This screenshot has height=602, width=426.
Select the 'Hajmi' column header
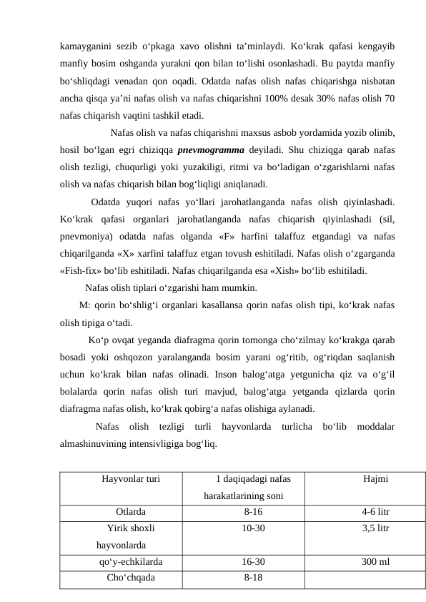(375, 478)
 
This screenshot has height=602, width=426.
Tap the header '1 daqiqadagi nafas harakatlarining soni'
(244, 486)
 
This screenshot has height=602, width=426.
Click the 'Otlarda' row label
(131, 512)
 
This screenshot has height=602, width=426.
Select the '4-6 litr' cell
(375, 512)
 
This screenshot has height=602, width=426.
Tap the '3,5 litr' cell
(375, 528)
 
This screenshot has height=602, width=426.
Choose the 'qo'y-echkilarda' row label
(131, 562)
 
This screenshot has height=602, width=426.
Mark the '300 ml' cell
(375, 562)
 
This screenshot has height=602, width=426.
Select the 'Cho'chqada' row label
(129, 578)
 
